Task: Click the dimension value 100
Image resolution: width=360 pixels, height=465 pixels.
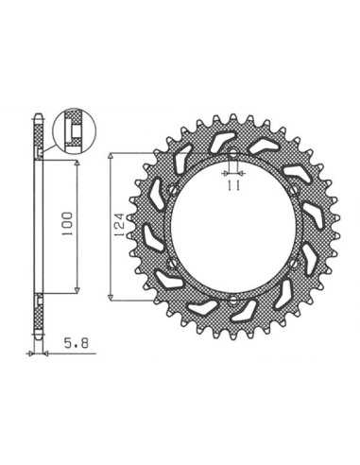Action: [x=67, y=224]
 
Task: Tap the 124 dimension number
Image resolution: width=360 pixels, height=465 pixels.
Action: [x=121, y=225]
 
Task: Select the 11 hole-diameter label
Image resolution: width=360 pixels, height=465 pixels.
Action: [x=232, y=186]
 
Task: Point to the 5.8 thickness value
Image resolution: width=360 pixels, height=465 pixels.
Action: [x=77, y=343]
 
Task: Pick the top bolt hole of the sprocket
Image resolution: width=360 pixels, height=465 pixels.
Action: [x=232, y=155]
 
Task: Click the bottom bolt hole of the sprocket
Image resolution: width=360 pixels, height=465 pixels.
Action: [x=232, y=300]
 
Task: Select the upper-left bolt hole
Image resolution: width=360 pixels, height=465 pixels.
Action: [x=172, y=190]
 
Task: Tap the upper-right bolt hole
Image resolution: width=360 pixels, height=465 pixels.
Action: [x=294, y=190]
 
